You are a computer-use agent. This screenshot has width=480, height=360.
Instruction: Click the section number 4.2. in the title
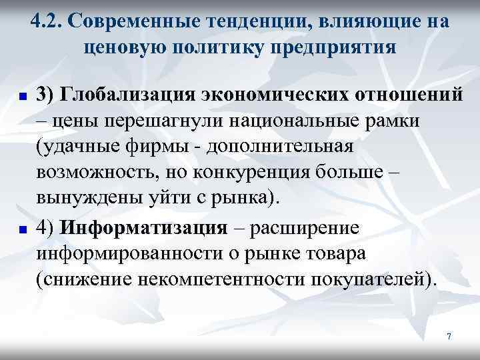(x=46, y=22)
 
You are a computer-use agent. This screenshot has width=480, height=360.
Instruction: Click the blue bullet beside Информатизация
(x=22, y=229)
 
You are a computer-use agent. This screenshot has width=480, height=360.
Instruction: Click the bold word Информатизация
(x=143, y=227)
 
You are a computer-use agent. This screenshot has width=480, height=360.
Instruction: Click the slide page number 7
(x=449, y=337)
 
